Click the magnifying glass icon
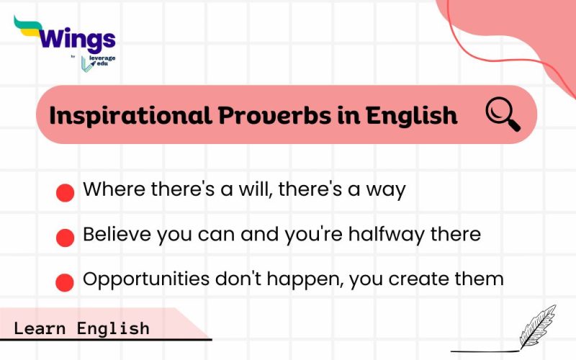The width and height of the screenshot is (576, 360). click(x=503, y=114)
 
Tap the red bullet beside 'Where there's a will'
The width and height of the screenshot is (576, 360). click(x=66, y=192)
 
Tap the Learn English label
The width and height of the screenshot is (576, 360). click(x=81, y=328)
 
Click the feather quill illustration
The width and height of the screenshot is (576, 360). click(x=536, y=328)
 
